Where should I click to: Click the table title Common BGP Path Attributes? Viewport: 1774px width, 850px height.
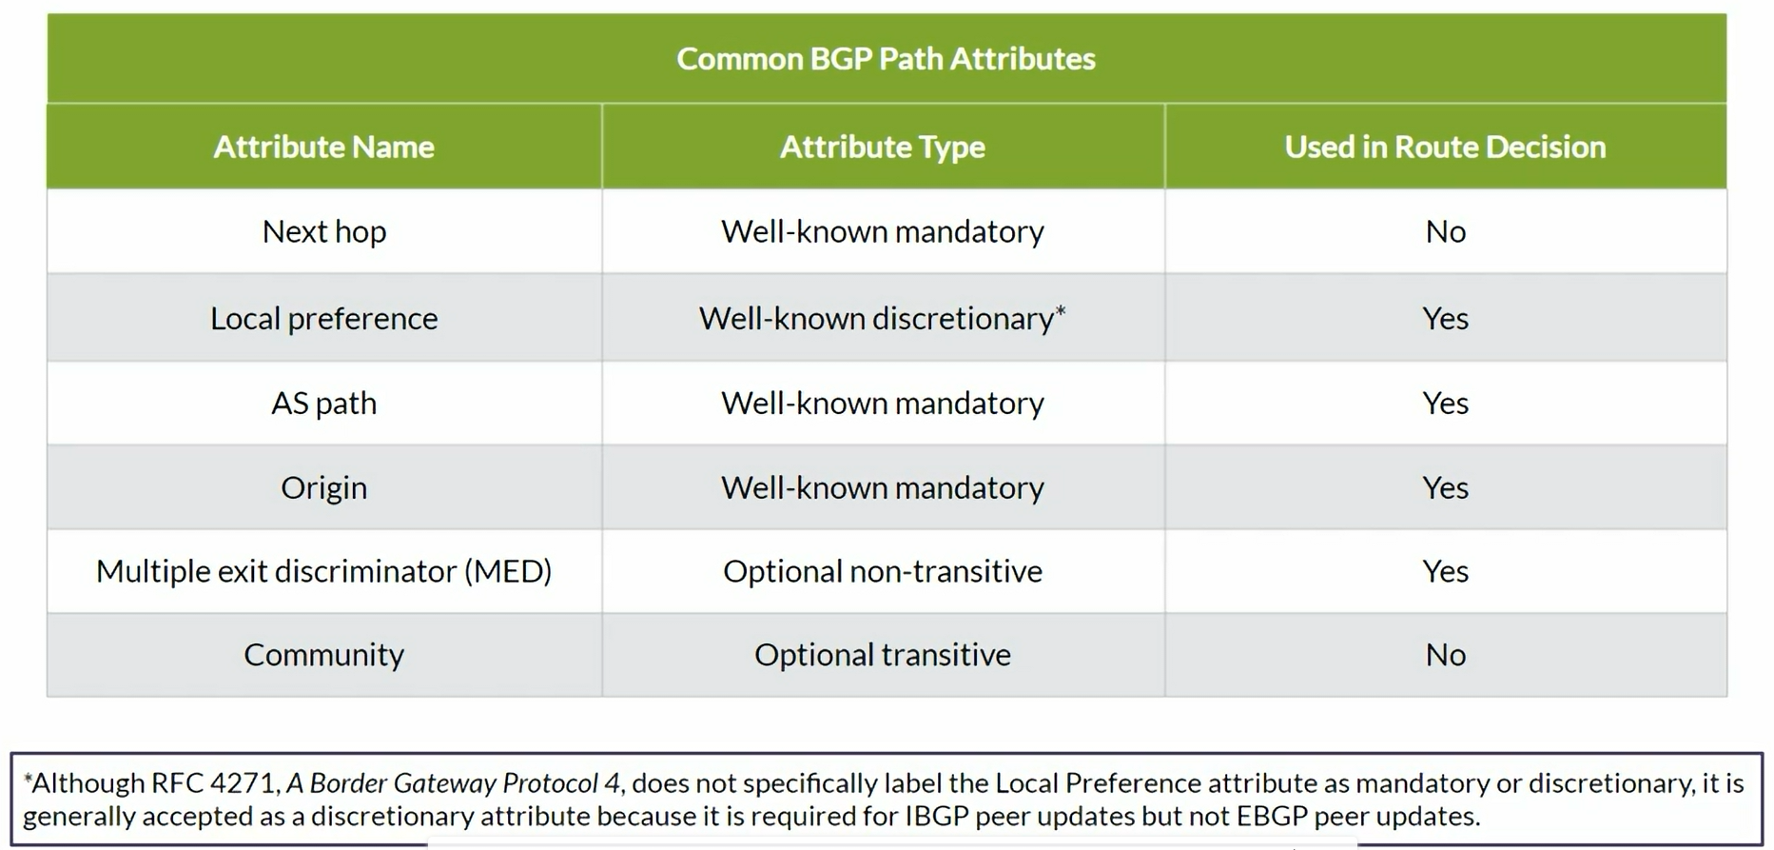[886, 59]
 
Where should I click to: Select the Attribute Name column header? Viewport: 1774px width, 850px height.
[323, 147]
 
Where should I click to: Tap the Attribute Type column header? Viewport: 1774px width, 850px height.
[883, 148]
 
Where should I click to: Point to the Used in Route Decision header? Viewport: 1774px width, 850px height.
[1445, 147]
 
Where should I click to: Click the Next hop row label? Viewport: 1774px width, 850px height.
[324, 231]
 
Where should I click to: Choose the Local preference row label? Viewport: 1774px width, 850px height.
[324, 318]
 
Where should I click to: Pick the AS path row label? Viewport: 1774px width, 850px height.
[324, 403]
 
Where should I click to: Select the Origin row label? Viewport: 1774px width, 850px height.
[324, 487]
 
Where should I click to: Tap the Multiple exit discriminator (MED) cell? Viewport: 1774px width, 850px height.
[324, 571]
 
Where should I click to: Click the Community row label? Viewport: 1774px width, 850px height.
[324, 655]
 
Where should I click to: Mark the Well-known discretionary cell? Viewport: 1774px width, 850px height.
[883, 318]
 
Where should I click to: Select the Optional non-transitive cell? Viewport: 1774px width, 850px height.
[883, 571]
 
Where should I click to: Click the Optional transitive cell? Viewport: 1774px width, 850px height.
[883, 655]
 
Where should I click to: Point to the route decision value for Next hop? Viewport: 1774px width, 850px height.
[1446, 231]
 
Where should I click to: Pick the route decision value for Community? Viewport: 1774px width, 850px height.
[1446, 655]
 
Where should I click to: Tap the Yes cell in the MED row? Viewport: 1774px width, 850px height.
[1446, 571]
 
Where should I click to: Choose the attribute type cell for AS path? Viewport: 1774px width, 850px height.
[883, 403]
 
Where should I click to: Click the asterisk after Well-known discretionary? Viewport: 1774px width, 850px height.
[1061, 310]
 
